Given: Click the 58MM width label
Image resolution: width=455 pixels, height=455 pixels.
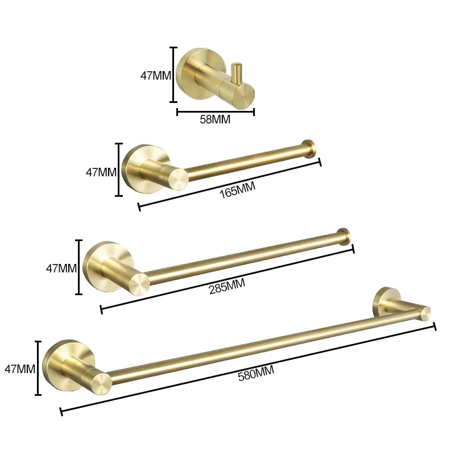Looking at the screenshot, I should tap(215, 120).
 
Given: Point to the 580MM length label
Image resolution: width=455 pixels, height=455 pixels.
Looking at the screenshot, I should tap(256, 374).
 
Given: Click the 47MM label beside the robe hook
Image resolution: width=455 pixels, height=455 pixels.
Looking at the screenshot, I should tap(155, 75).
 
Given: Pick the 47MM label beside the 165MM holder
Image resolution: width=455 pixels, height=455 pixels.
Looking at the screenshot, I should tap(101, 172).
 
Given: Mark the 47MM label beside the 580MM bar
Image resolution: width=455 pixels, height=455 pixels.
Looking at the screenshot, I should tap(20, 369).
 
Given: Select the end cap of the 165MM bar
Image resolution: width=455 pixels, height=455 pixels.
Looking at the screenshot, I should tap(309, 147).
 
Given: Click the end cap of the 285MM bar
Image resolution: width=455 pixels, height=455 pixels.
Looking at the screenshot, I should tap(344, 235).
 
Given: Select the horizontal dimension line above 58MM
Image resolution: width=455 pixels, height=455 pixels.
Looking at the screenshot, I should tap(215, 112).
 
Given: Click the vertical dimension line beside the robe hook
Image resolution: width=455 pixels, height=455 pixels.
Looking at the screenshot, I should tap(174, 75).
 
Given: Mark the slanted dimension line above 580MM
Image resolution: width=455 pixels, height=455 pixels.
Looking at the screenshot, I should tap(247, 368).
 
